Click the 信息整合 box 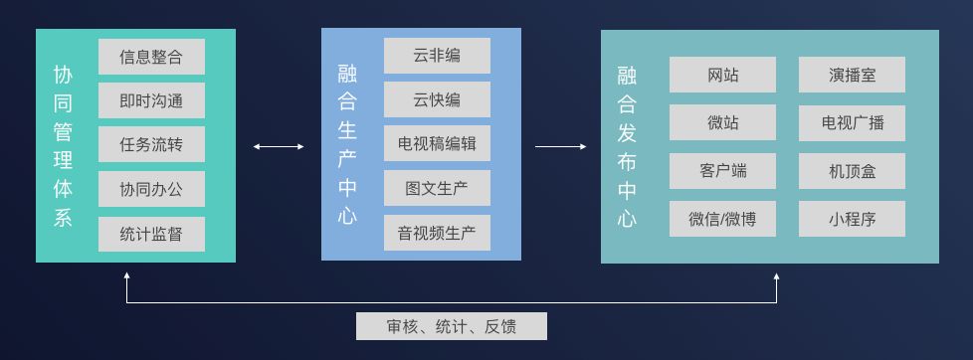(151, 57)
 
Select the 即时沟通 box (151, 100)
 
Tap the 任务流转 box (151, 144)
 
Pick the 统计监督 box (151, 234)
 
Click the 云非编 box (437, 56)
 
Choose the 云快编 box (437, 99)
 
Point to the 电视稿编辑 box (437, 143)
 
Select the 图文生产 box (437, 188)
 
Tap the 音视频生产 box (437, 233)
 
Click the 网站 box (722, 75)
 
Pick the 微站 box (722, 122)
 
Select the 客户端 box (722, 171)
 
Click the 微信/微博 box (722, 219)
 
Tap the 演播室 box (852, 75)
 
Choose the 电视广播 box (852, 123)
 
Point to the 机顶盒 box (852, 171)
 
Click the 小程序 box (852, 219)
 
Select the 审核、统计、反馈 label (451, 326)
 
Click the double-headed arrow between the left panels (279, 146)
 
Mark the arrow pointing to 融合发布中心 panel (560, 146)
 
